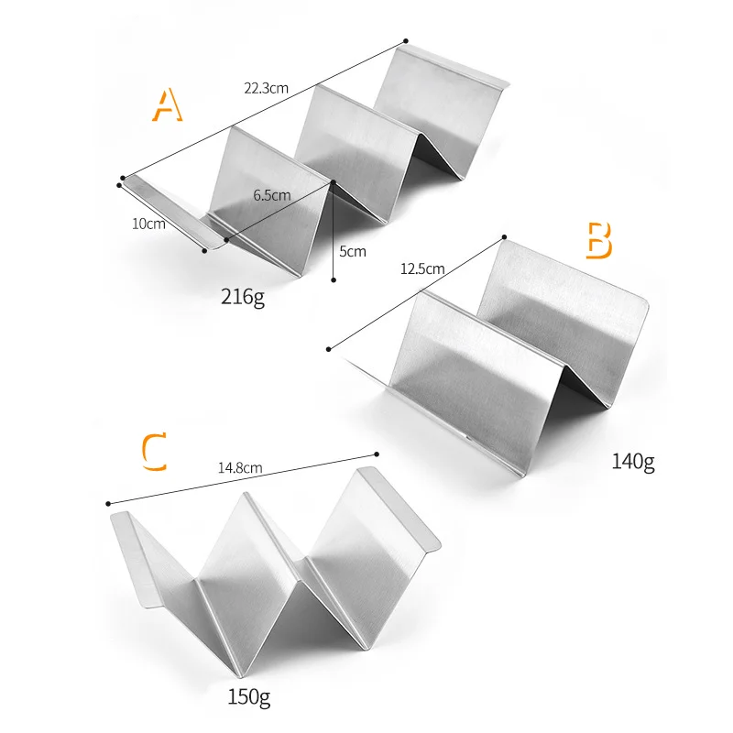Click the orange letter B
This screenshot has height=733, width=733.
coord(598,239)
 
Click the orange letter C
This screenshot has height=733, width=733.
coord(155,453)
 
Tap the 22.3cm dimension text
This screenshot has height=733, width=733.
coord(266,89)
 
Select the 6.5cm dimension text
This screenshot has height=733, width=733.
coord(272,195)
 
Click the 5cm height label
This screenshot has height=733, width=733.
coord(353,251)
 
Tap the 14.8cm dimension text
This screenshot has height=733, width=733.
coord(240,467)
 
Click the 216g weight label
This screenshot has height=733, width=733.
coord(243,297)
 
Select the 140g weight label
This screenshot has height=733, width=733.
coord(633,461)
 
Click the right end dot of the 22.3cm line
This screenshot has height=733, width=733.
coord(405,40)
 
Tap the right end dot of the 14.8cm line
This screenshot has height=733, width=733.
coord(377,453)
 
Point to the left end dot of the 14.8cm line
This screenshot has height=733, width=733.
coord(108,503)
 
